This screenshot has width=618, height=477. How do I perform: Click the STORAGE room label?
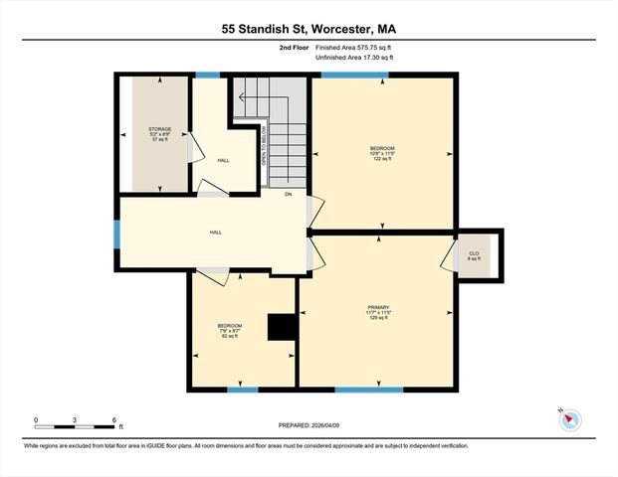click(x=160, y=129)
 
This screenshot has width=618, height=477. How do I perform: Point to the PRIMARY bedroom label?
click(x=377, y=307)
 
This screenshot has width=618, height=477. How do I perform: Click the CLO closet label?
click(x=475, y=252)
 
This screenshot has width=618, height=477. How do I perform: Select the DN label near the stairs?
click(x=289, y=194)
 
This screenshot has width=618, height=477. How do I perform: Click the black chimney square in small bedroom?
click(x=283, y=328)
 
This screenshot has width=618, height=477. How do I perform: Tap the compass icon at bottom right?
click(x=569, y=418)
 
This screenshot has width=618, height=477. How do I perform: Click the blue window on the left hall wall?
click(x=116, y=233)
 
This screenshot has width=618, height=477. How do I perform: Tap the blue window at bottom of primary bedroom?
click(x=368, y=389)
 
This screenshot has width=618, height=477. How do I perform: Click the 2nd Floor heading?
click(x=296, y=47)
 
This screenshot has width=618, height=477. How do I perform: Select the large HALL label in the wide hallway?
click(x=215, y=233)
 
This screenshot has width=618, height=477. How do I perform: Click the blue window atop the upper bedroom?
click(x=354, y=75)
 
